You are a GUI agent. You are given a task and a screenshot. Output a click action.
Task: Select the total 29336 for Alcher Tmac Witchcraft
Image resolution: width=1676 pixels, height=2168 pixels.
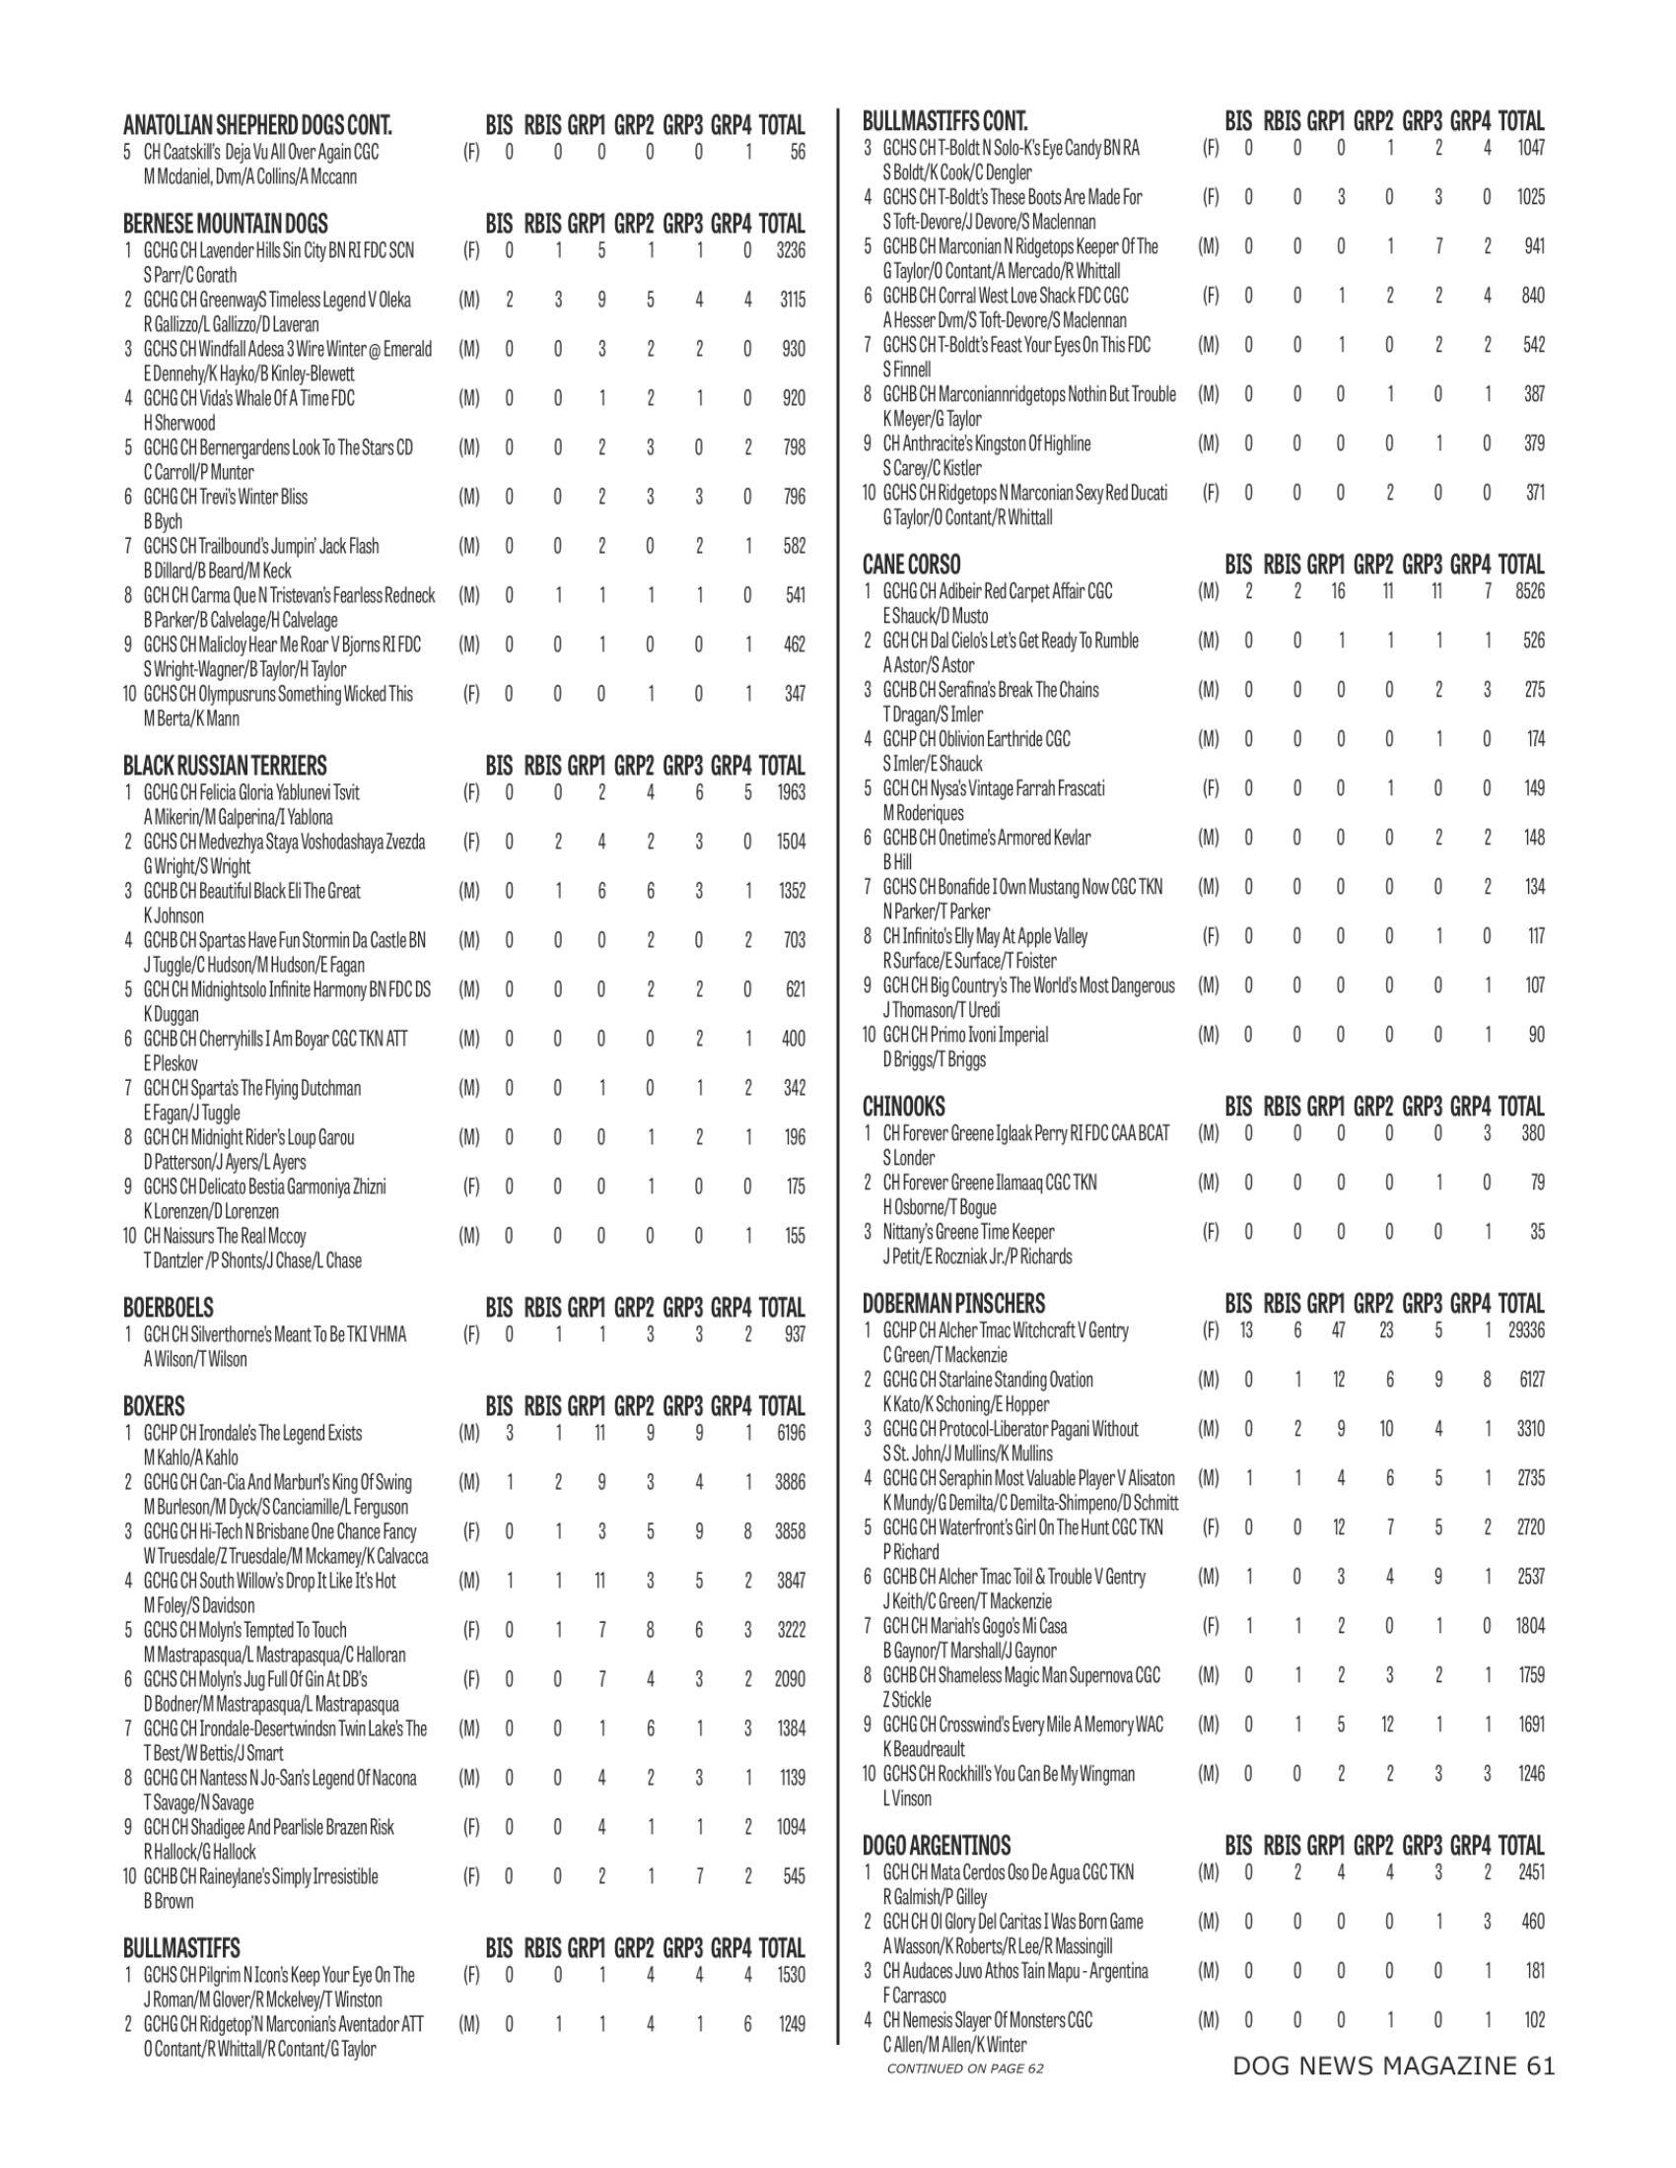1525,1330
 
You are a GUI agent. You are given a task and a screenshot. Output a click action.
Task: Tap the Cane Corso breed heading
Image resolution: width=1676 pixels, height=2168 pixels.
911,565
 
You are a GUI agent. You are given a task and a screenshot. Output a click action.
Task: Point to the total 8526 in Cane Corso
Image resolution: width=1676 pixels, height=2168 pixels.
1530,591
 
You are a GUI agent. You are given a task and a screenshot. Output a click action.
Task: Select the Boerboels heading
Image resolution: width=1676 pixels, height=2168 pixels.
168,1308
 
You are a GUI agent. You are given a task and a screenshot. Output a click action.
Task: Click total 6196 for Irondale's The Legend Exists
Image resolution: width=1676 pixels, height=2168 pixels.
792,1434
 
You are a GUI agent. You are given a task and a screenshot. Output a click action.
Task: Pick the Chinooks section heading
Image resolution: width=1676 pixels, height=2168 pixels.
902,1107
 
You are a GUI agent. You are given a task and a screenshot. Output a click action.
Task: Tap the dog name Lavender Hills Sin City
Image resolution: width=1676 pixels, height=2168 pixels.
279,250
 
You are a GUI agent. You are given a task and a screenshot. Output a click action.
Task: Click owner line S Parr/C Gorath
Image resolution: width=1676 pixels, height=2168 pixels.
189,274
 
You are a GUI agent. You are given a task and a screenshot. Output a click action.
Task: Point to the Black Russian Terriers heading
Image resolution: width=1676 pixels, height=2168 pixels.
225,766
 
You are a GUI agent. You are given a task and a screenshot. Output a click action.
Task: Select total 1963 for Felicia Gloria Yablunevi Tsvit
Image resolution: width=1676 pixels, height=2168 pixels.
792,792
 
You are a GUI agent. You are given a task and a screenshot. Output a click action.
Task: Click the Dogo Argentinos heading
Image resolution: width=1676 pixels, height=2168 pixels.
937,1846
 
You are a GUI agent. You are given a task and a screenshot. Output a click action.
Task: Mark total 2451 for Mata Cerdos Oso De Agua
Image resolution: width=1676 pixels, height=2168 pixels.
1530,1872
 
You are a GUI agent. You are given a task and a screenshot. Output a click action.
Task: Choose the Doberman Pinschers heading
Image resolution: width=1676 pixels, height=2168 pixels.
953,1304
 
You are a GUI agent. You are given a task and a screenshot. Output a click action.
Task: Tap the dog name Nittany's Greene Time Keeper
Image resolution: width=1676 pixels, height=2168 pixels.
968,1232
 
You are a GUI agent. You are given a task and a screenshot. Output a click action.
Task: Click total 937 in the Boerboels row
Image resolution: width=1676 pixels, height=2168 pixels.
795,1334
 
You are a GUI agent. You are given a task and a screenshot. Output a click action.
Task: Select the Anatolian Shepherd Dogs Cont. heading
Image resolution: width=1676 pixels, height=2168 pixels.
257,125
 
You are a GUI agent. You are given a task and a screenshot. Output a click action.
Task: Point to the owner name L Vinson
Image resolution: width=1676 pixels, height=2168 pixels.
906,1797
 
